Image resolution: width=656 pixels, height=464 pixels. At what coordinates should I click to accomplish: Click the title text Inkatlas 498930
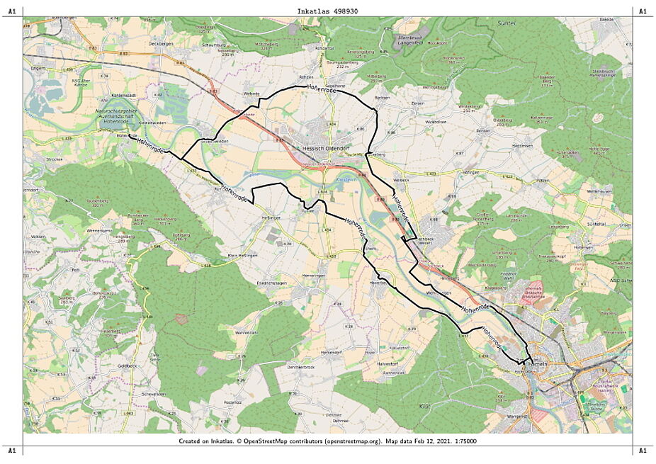coord(327,11)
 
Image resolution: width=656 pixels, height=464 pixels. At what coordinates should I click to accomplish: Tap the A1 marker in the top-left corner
coord(11,11)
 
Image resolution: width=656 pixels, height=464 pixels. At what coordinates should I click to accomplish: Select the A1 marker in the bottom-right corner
coord(643,451)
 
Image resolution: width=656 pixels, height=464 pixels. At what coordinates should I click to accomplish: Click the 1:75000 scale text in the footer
coord(462,441)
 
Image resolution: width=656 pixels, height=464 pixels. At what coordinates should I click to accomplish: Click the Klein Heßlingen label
coord(242,256)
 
